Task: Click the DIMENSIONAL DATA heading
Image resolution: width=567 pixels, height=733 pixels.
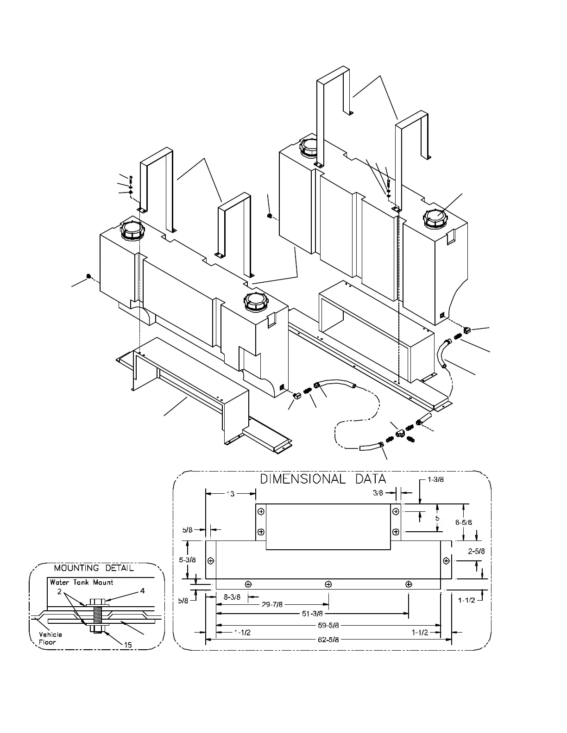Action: [x=323, y=479]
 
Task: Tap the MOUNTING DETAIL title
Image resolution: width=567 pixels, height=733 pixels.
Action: [x=94, y=568]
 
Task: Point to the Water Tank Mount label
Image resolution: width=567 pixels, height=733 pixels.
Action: [x=82, y=582]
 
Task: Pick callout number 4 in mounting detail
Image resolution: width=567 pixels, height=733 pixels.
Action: [x=143, y=590]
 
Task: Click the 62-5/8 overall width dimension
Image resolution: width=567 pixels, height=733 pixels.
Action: [x=328, y=640]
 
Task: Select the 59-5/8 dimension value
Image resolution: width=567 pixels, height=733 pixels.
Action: [x=328, y=625]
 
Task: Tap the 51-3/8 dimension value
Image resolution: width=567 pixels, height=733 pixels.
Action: [x=312, y=614]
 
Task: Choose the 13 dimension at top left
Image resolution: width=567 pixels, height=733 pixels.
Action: [x=230, y=494]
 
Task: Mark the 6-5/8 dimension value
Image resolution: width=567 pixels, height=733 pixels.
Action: [x=463, y=522]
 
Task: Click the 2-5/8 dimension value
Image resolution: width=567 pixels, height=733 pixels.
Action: [x=476, y=551]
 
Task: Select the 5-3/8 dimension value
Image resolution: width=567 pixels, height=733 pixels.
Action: [x=187, y=559]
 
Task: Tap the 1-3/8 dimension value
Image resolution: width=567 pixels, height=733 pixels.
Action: [x=435, y=479]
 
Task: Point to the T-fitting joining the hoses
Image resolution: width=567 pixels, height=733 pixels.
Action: [x=400, y=433]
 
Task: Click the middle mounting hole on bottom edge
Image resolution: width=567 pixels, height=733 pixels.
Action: [x=328, y=584]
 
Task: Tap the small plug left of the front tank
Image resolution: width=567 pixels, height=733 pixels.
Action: [x=88, y=276]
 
